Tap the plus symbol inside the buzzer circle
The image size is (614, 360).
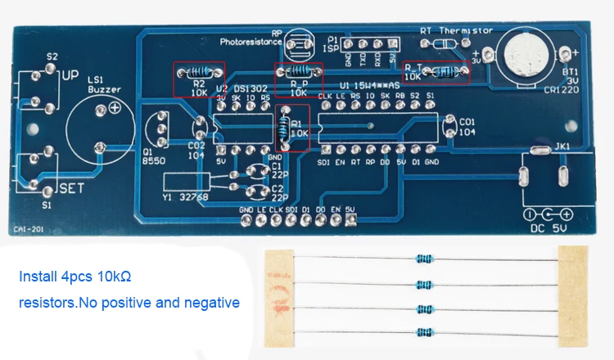pos(115,108)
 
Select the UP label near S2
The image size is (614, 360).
pos(70,75)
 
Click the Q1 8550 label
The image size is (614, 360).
pos(154,157)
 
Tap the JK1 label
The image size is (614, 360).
pos(562,146)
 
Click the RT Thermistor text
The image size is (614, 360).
pos(456,30)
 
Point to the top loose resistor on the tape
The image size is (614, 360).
pos(425,259)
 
